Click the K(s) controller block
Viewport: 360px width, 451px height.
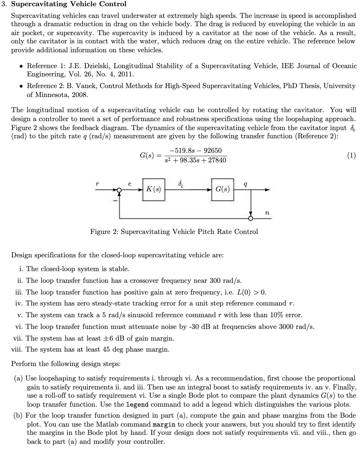click(x=153, y=189)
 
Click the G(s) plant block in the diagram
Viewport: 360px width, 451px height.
click(x=222, y=189)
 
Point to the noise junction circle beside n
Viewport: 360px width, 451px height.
click(x=251, y=218)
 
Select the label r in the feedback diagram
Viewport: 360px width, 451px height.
click(x=97, y=184)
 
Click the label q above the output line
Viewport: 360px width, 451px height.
click(x=245, y=184)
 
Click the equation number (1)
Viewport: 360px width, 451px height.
click(x=351, y=155)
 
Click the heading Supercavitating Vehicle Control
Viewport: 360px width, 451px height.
click(x=69, y=4)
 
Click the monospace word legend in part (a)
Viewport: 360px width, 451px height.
click(x=137, y=405)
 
